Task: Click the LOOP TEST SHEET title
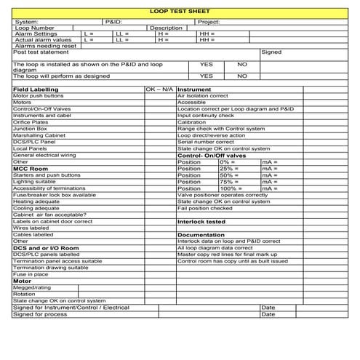point(179,12)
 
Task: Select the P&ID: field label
point(114,22)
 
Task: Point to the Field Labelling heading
point(36,89)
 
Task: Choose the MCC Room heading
point(30,168)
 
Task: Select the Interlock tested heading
point(201,221)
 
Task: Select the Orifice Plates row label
point(31,121)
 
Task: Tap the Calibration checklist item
point(192,121)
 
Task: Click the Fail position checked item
point(205,208)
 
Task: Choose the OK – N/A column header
point(160,89)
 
